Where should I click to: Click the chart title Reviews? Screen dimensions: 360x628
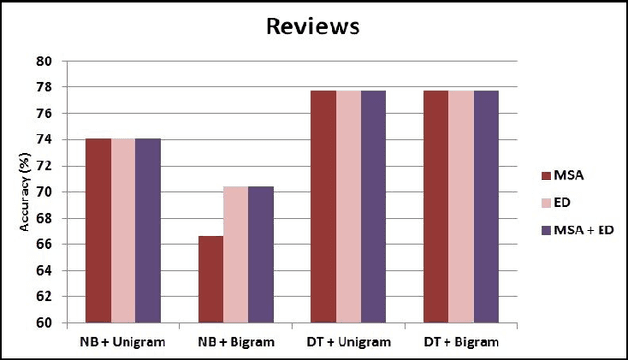pyautogui.click(x=313, y=26)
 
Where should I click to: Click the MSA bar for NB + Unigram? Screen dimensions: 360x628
pyautogui.click(x=98, y=231)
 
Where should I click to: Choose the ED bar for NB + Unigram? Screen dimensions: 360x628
pyautogui.click(x=123, y=231)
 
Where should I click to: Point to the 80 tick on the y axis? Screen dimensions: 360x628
pyautogui.click(x=44, y=61)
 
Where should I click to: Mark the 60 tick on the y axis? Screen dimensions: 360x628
pyautogui.click(x=44, y=323)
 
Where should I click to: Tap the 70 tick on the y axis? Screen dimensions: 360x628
pyautogui.click(x=44, y=192)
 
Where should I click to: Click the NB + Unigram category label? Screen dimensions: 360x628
pyautogui.click(x=123, y=343)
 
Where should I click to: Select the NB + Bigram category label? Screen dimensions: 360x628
pyautogui.click(x=235, y=343)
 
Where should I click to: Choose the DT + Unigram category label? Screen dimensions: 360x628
pyautogui.click(x=348, y=343)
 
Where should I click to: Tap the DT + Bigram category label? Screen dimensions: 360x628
pyautogui.click(x=461, y=343)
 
